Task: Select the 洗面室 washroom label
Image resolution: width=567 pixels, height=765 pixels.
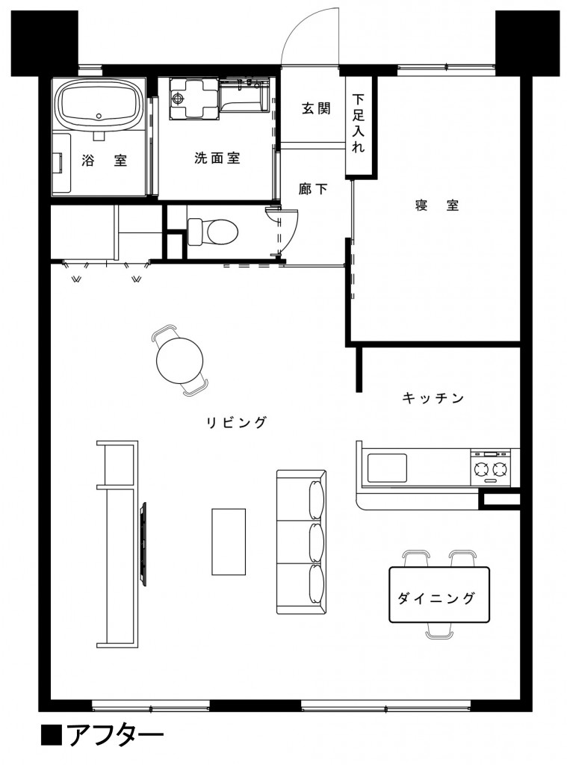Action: tap(217, 158)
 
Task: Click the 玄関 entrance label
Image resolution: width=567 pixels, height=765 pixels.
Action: tap(316, 109)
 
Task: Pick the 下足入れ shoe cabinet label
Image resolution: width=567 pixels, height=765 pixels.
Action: tap(359, 123)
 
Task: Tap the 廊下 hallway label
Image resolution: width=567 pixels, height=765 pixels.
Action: tap(314, 189)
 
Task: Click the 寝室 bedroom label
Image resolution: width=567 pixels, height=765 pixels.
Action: tap(437, 206)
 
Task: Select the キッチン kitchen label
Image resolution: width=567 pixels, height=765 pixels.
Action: tap(433, 398)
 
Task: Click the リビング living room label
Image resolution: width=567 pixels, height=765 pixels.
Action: tap(237, 423)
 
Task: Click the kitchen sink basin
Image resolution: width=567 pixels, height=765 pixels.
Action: tap(387, 469)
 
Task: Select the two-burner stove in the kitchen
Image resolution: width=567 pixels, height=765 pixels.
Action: tap(489, 469)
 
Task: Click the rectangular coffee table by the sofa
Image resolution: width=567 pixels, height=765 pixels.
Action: tap(229, 541)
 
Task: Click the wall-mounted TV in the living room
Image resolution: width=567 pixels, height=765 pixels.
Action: tap(143, 543)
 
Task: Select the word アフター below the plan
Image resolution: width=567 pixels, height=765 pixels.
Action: tap(115, 736)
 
